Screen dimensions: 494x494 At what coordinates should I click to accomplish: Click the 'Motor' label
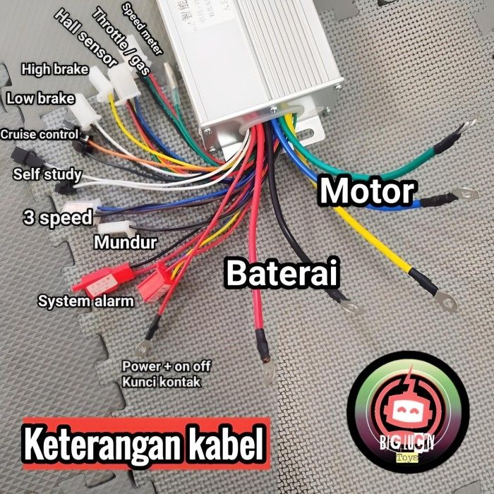coord(366,191)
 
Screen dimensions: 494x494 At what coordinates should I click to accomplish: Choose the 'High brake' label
coord(54,69)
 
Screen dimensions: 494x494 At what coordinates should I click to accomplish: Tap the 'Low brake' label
coord(40,98)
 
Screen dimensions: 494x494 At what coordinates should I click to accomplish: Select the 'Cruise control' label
coord(40,133)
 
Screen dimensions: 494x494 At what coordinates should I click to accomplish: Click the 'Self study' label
coord(47,174)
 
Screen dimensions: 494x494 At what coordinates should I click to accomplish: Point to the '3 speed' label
coord(57,217)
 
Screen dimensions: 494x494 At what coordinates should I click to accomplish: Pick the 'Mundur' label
coord(125,243)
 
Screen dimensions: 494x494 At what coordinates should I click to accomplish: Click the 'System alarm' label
coord(85,301)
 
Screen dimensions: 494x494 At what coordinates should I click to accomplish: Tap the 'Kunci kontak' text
coord(161,382)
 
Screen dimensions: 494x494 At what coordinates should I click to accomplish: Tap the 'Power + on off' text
coord(166,367)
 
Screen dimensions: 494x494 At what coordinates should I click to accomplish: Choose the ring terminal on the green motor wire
coord(466,128)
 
